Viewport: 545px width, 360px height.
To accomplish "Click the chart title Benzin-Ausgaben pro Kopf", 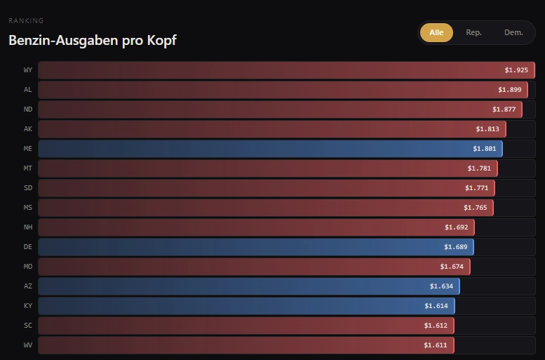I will click(x=92, y=41).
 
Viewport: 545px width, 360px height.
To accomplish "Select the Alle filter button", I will click(x=436, y=32).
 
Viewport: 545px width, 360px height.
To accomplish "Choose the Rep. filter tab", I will click(x=473, y=32).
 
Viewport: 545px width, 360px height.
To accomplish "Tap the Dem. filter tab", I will click(x=513, y=32).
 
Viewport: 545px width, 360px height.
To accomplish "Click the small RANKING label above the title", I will click(x=25, y=21).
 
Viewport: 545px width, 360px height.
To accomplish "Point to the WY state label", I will click(x=28, y=70).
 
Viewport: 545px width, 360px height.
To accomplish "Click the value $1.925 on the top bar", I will click(x=516, y=70).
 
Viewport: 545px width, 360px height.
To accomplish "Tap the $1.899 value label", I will click(x=510, y=90).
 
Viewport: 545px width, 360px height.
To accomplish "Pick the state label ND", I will click(x=28, y=109).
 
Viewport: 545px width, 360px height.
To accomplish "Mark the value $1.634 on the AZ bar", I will click(x=442, y=286).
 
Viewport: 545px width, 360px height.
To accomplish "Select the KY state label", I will click(x=28, y=306).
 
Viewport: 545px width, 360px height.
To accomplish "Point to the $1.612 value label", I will click(x=436, y=326).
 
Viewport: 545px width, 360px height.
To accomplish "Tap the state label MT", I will click(x=28, y=168).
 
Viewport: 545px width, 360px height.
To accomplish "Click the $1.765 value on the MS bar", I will click(x=476, y=208).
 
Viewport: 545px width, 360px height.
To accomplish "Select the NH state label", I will click(x=28, y=227).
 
